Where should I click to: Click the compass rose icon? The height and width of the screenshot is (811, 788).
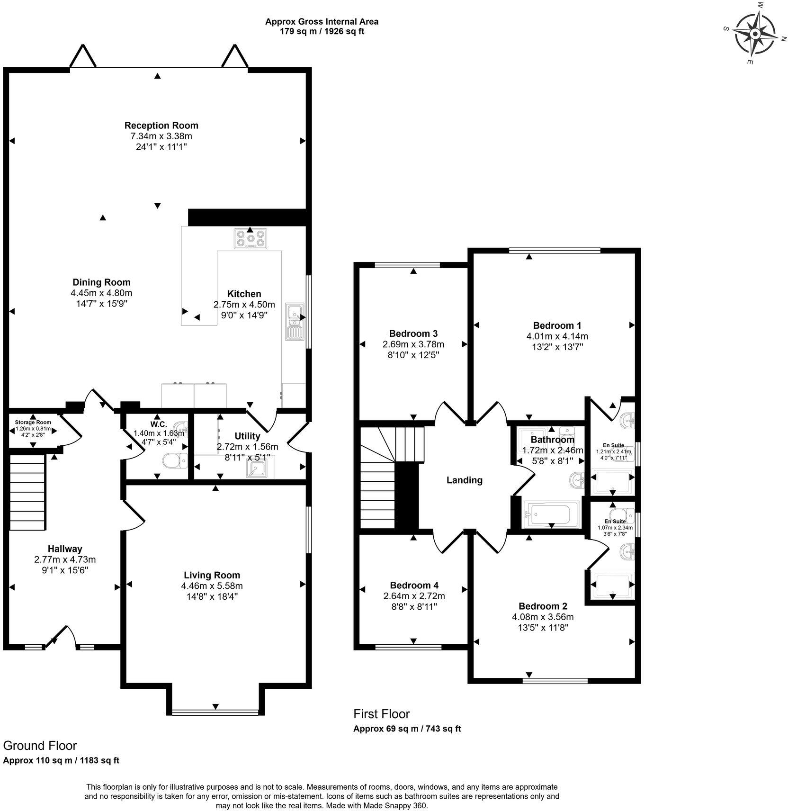[755, 34]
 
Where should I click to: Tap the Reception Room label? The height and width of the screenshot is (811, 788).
[161, 126]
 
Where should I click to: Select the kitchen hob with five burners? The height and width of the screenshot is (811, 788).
[250, 238]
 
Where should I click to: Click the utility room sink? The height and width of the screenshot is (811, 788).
[258, 469]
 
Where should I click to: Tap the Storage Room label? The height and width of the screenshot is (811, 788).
[33, 422]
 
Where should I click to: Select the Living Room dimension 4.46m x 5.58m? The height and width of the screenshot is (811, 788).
[212, 586]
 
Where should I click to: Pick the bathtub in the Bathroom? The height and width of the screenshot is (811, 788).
[551, 514]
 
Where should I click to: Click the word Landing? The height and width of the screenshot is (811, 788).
[464, 480]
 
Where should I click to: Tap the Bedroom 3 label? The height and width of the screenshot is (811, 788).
[413, 333]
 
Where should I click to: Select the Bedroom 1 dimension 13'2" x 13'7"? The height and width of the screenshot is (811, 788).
[557, 347]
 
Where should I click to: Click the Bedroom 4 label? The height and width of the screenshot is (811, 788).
[414, 586]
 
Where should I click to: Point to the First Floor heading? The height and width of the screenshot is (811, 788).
[381, 714]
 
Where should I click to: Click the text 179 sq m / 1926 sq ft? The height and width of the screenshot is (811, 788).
[322, 32]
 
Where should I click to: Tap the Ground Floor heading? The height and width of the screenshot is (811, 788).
[40, 746]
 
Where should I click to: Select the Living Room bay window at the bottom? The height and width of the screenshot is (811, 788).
[215, 712]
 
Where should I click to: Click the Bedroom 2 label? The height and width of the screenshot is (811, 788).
[542, 606]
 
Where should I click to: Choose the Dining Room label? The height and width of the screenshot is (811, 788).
[101, 282]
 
